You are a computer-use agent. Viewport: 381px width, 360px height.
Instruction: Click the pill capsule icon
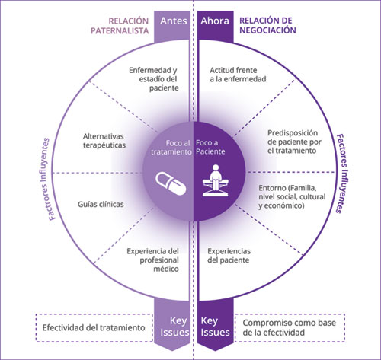(x=171, y=183)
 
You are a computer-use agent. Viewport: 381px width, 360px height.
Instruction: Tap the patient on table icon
(x=216, y=180)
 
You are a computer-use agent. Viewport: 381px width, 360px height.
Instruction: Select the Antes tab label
(x=174, y=21)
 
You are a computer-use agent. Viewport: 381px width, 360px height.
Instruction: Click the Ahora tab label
(x=215, y=21)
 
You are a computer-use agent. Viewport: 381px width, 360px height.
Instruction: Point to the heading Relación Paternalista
(x=120, y=26)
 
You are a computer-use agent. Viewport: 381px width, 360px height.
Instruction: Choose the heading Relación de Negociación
(x=267, y=25)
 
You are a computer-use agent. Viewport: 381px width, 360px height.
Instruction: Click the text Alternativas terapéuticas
(x=104, y=141)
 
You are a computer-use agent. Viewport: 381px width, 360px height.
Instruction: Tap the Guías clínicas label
(x=101, y=204)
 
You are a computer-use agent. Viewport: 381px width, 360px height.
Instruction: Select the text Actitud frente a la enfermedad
(x=238, y=75)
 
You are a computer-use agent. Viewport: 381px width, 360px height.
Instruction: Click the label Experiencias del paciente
(x=229, y=256)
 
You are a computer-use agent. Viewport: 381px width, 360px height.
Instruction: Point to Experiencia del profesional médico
(x=153, y=260)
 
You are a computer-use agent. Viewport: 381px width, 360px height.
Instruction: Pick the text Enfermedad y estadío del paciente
(x=153, y=79)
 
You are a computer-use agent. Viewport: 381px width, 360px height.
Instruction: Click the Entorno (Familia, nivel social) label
(x=292, y=197)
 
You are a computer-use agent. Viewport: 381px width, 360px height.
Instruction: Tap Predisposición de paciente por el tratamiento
(x=294, y=142)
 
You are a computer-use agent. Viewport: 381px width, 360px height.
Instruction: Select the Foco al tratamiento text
(x=171, y=148)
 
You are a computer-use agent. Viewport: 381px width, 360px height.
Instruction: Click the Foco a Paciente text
(x=210, y=147)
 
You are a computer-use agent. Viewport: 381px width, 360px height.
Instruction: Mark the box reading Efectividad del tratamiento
(x=94, y=328)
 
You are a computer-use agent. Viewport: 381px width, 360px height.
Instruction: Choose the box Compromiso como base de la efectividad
(x=290, y=328)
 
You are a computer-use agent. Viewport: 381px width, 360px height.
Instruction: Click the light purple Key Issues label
(x=174, y=327)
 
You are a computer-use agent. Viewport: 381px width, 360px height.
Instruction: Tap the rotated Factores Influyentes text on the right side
(x=342, y=174)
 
